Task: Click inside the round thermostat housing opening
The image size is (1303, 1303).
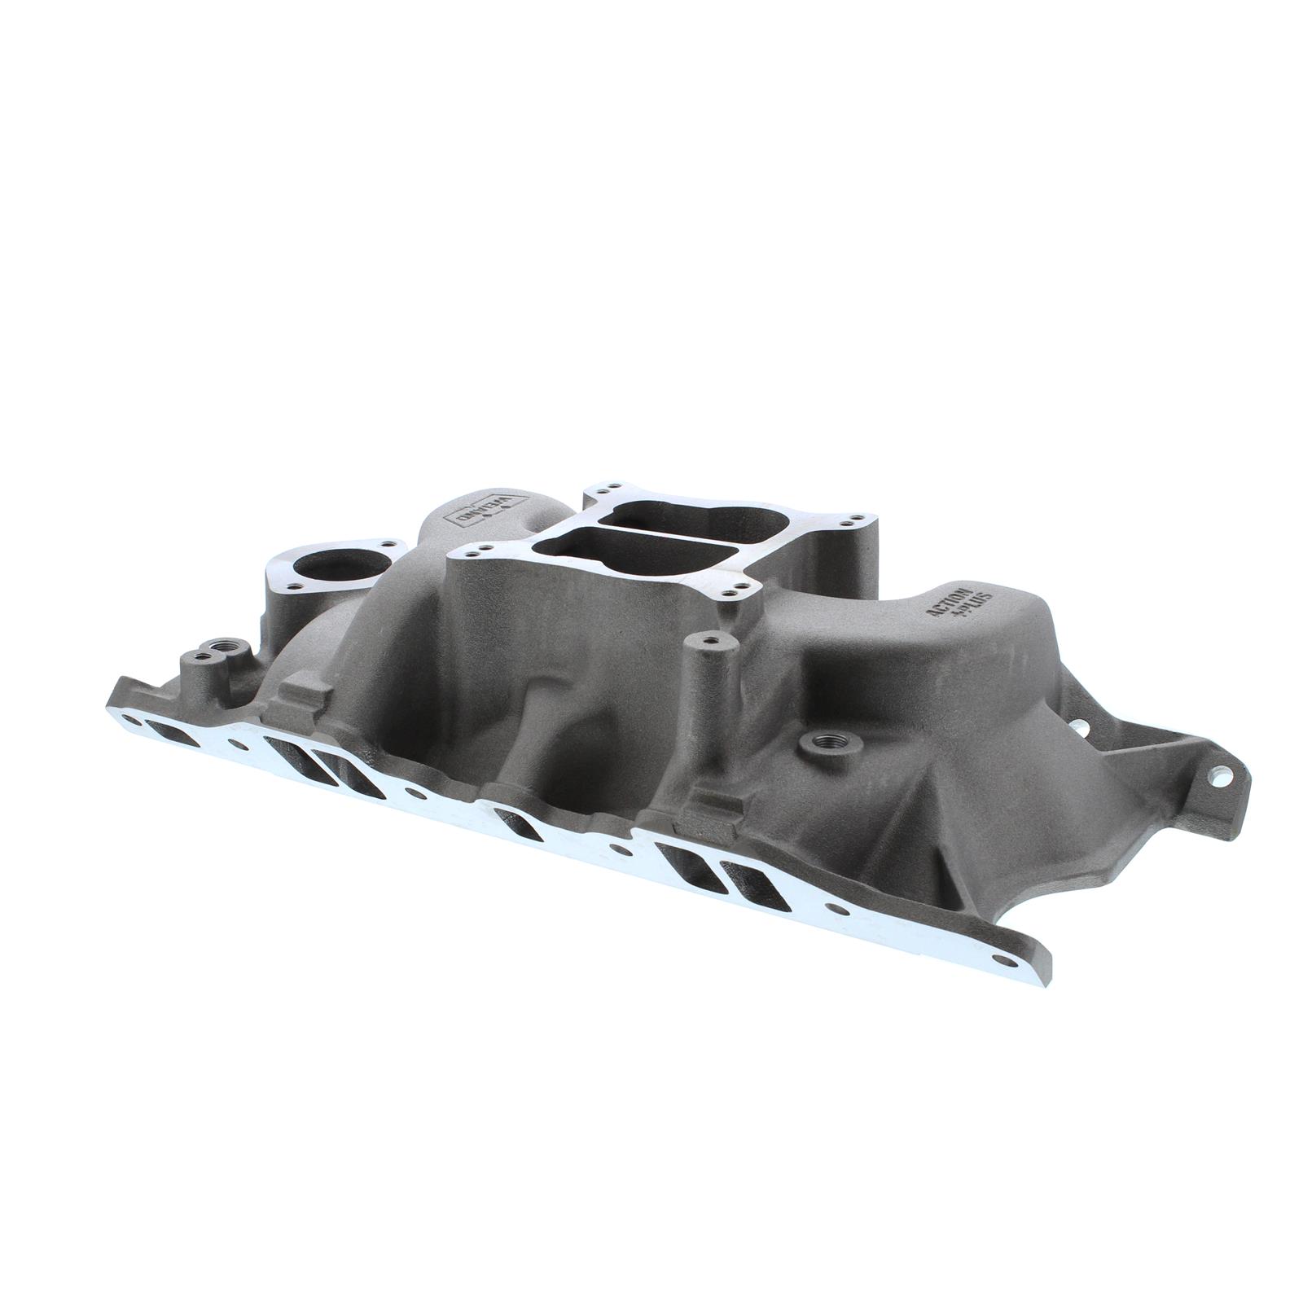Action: click(x=323, y=564)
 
